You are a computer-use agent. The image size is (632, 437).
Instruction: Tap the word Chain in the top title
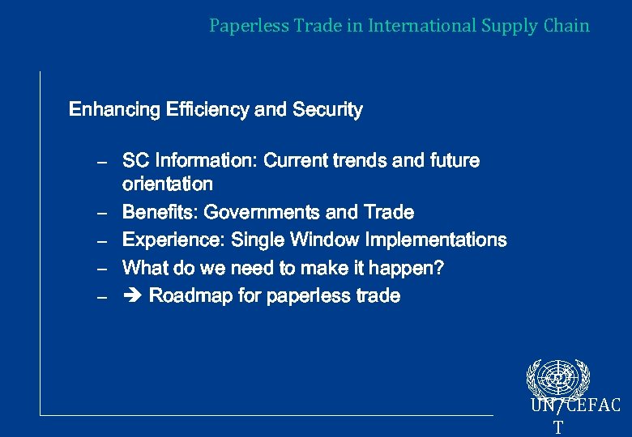point(567,26)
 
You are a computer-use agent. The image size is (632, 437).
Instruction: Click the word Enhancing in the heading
point(114,109)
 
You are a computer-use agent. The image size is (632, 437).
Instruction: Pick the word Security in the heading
point(327,109)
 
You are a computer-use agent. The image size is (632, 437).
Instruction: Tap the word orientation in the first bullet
point(167,185)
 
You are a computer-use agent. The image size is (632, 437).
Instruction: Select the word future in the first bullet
point(454,161)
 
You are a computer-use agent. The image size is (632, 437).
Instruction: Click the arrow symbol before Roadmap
point(131,295)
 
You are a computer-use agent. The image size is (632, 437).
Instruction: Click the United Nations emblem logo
point(558,377)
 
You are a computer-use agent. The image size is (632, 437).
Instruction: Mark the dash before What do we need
point(102,269)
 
